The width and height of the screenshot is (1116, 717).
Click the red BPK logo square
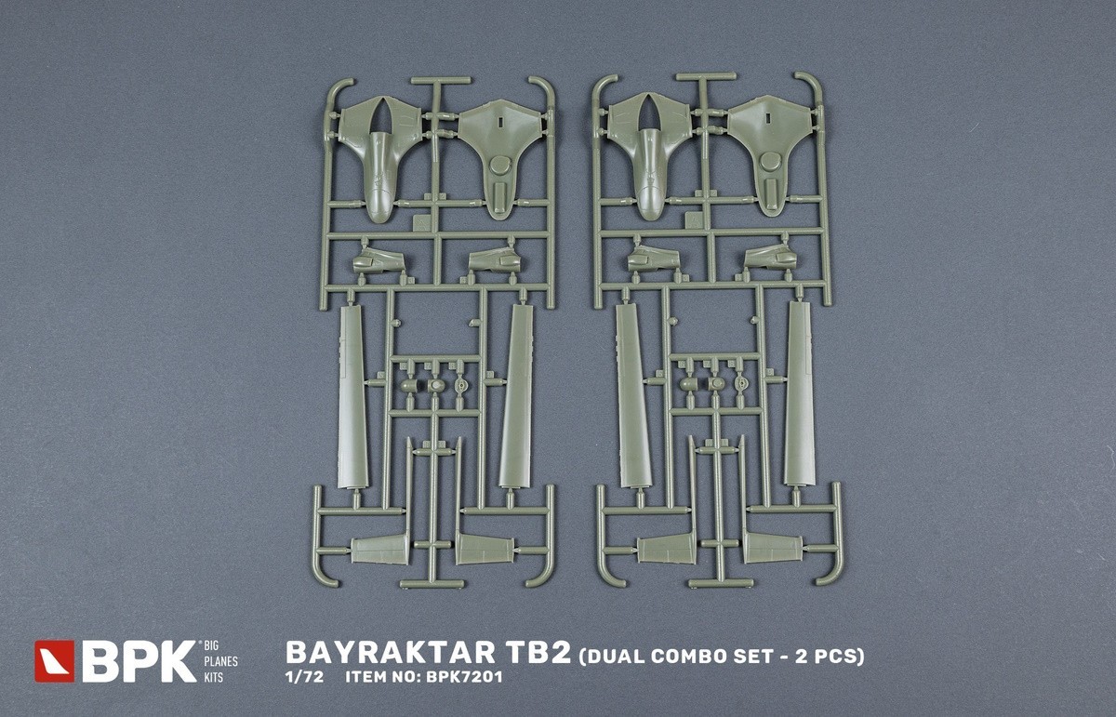point(54,661)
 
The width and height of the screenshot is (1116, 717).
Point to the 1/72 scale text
point(304,677)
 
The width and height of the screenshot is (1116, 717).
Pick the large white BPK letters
point(139,661)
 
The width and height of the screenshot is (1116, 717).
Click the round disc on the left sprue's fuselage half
point(499,166)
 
